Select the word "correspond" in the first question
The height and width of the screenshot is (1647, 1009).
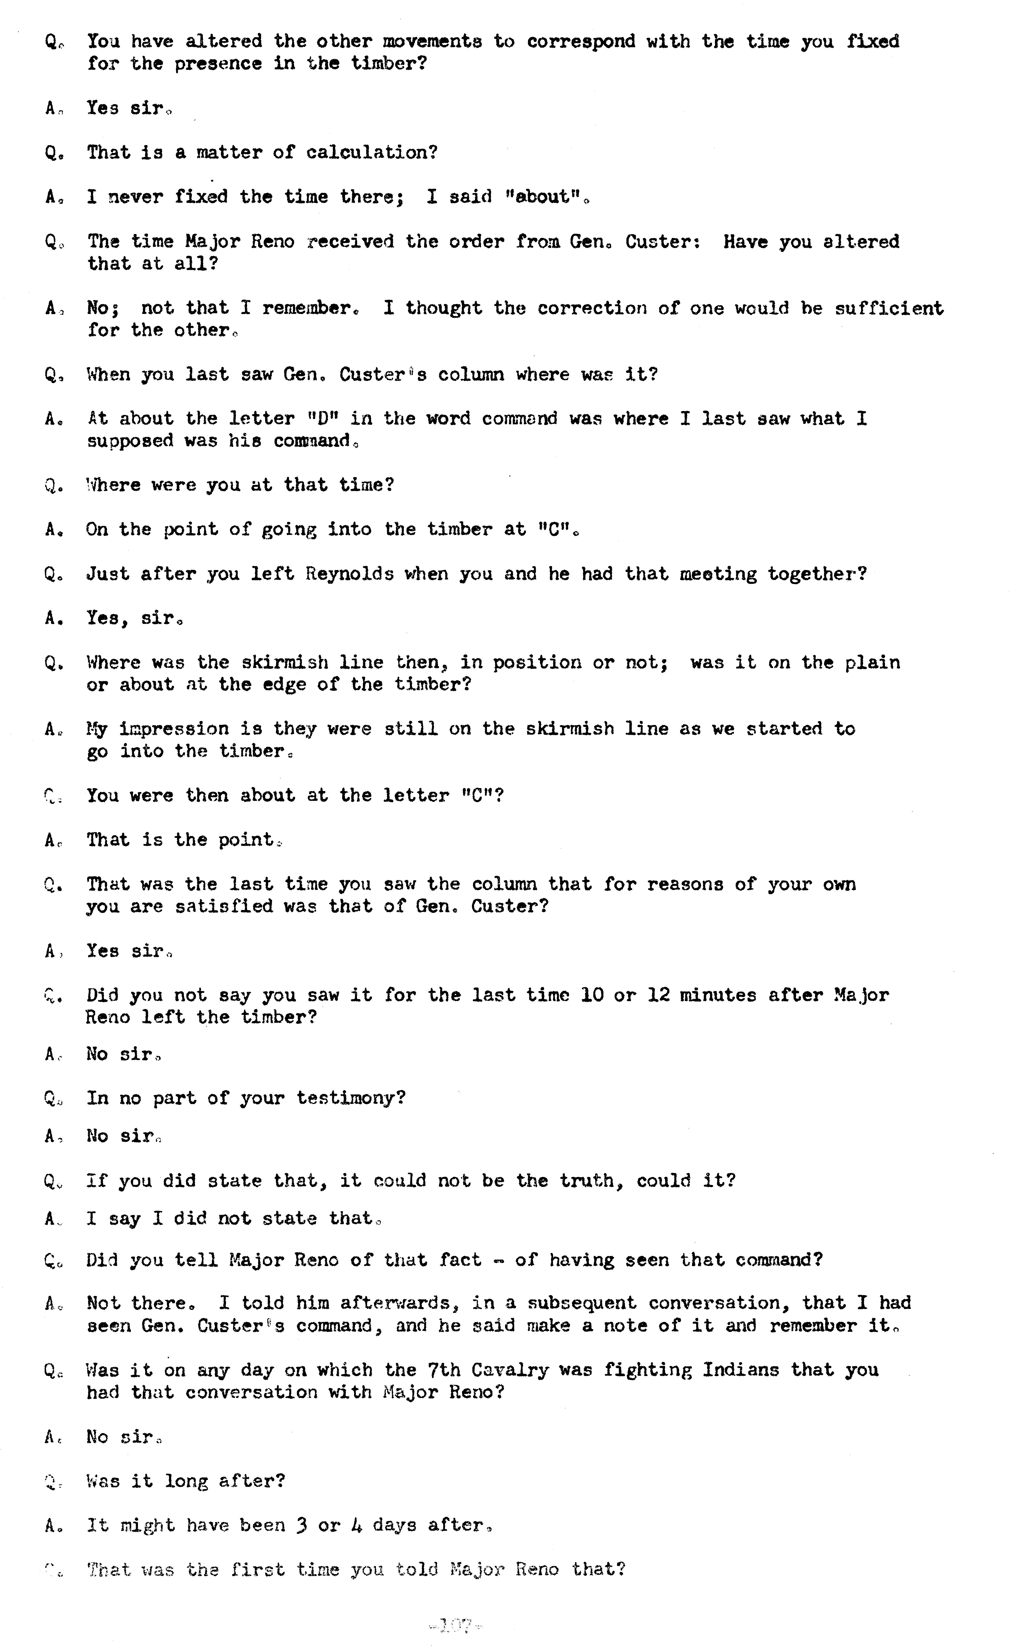581,42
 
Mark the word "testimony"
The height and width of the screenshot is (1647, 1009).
349,1098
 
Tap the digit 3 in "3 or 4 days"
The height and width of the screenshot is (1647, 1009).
301,1525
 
